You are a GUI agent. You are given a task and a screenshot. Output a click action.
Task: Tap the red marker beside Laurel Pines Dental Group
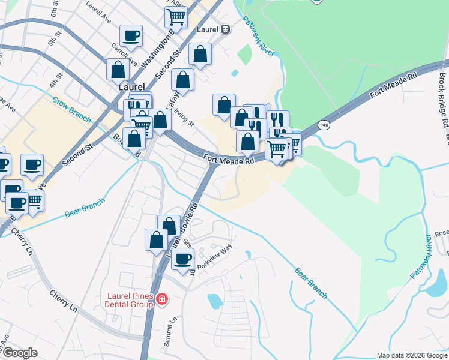pyautogui.click(x=161, y=299)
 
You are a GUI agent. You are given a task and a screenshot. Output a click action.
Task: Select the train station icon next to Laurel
pyautogui.click(x=226, y=28)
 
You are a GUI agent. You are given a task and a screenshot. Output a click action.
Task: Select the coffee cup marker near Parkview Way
pyautogui.click(x=183, y=258)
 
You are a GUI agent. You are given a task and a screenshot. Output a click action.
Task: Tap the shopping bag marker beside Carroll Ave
pyautogui.click(x=118, y=69)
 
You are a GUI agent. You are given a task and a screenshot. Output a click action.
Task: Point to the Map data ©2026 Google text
pyautogui.click(x=412, y=355)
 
